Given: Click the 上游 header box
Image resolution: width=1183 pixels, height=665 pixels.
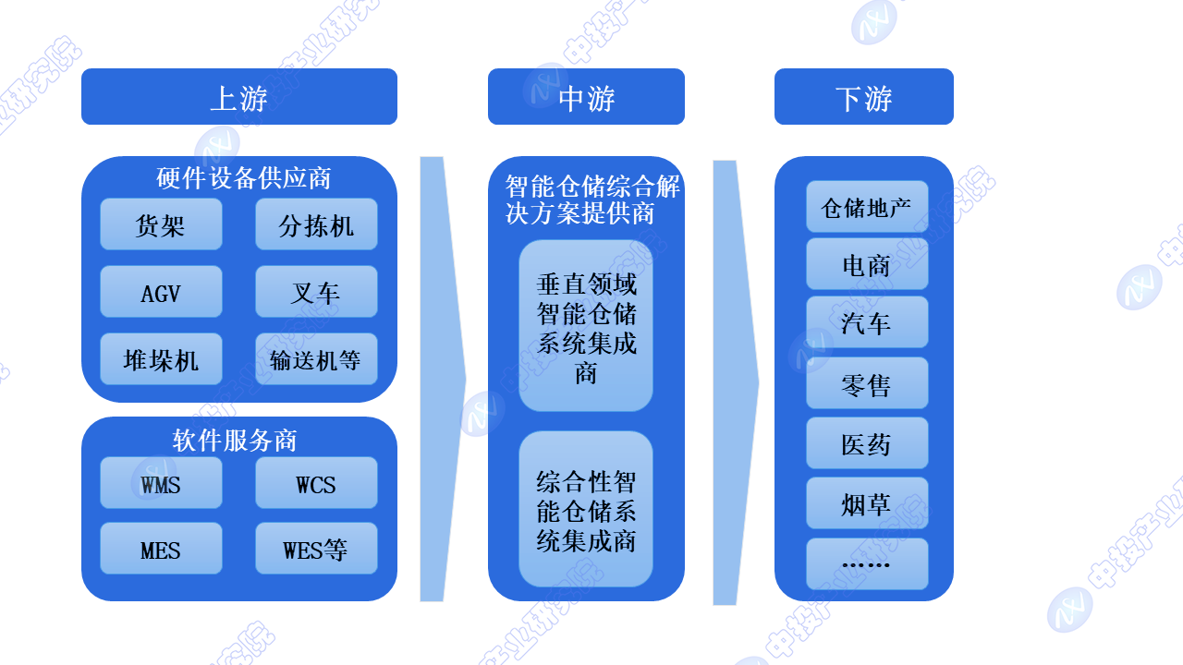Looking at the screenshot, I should coord(238,97).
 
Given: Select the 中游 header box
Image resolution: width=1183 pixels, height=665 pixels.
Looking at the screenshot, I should coord(586,97).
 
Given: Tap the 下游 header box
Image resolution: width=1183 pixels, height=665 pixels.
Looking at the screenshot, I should coord(863,97).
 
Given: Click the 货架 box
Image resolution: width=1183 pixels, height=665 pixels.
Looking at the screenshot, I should coord(161,224).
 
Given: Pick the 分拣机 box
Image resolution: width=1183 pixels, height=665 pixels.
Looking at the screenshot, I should coord(316,224).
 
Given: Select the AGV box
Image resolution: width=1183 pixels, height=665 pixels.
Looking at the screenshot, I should coord(161,292).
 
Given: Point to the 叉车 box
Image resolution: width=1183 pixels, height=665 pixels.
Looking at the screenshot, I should coord(316,292).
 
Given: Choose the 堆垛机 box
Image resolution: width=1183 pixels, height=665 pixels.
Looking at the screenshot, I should coord(161,359).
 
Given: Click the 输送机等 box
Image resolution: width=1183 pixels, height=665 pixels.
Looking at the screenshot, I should coord(316,359).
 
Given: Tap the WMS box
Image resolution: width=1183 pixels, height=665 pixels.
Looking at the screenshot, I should coord(161,483).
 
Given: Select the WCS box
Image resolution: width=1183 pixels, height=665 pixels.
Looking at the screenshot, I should coord(316,483).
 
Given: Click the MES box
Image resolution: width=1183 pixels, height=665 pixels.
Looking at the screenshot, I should coord(161,550).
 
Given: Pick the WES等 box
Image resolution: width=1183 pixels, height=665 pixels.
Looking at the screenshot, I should coord(316,550).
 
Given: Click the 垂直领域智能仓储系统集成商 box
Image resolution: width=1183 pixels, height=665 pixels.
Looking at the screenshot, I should coord(586,327).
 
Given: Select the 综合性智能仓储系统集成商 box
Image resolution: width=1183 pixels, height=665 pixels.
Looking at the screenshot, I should coord(586,510).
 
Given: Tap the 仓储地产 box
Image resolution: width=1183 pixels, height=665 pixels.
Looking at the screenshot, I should coord(867,208).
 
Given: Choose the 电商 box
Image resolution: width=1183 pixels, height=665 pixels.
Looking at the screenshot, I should coord(867,266).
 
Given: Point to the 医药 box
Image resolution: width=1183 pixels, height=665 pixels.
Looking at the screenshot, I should coord(867,444).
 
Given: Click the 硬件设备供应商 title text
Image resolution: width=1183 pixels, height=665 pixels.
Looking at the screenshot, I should coord(244,177).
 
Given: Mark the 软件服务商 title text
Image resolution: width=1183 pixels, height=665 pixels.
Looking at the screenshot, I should coord(235,440).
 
